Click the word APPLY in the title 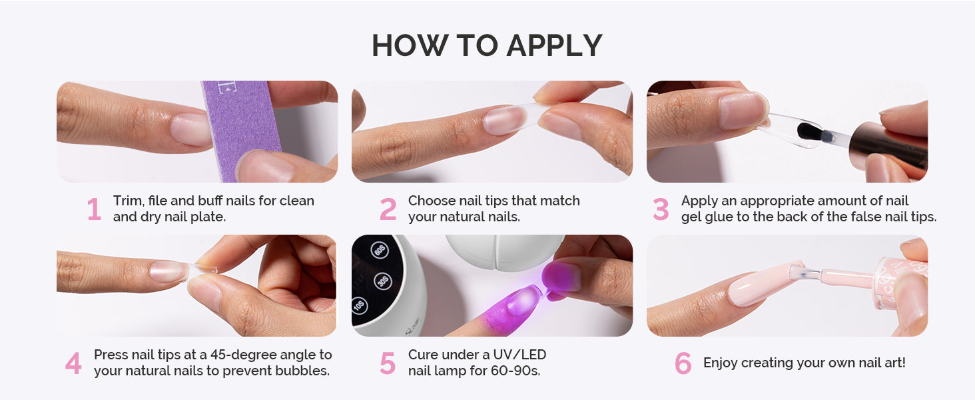click(554, 46)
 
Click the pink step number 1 click(94, 209)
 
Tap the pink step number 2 click(388, 209)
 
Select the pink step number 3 click(660, 209)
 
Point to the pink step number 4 click(73, 363)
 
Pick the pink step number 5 click(388, 363)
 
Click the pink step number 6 click(683, 363)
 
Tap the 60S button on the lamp click(380, 250)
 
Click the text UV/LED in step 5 click(519, 355)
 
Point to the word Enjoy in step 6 click(721, 363)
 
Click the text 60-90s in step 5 click(515, 371)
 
